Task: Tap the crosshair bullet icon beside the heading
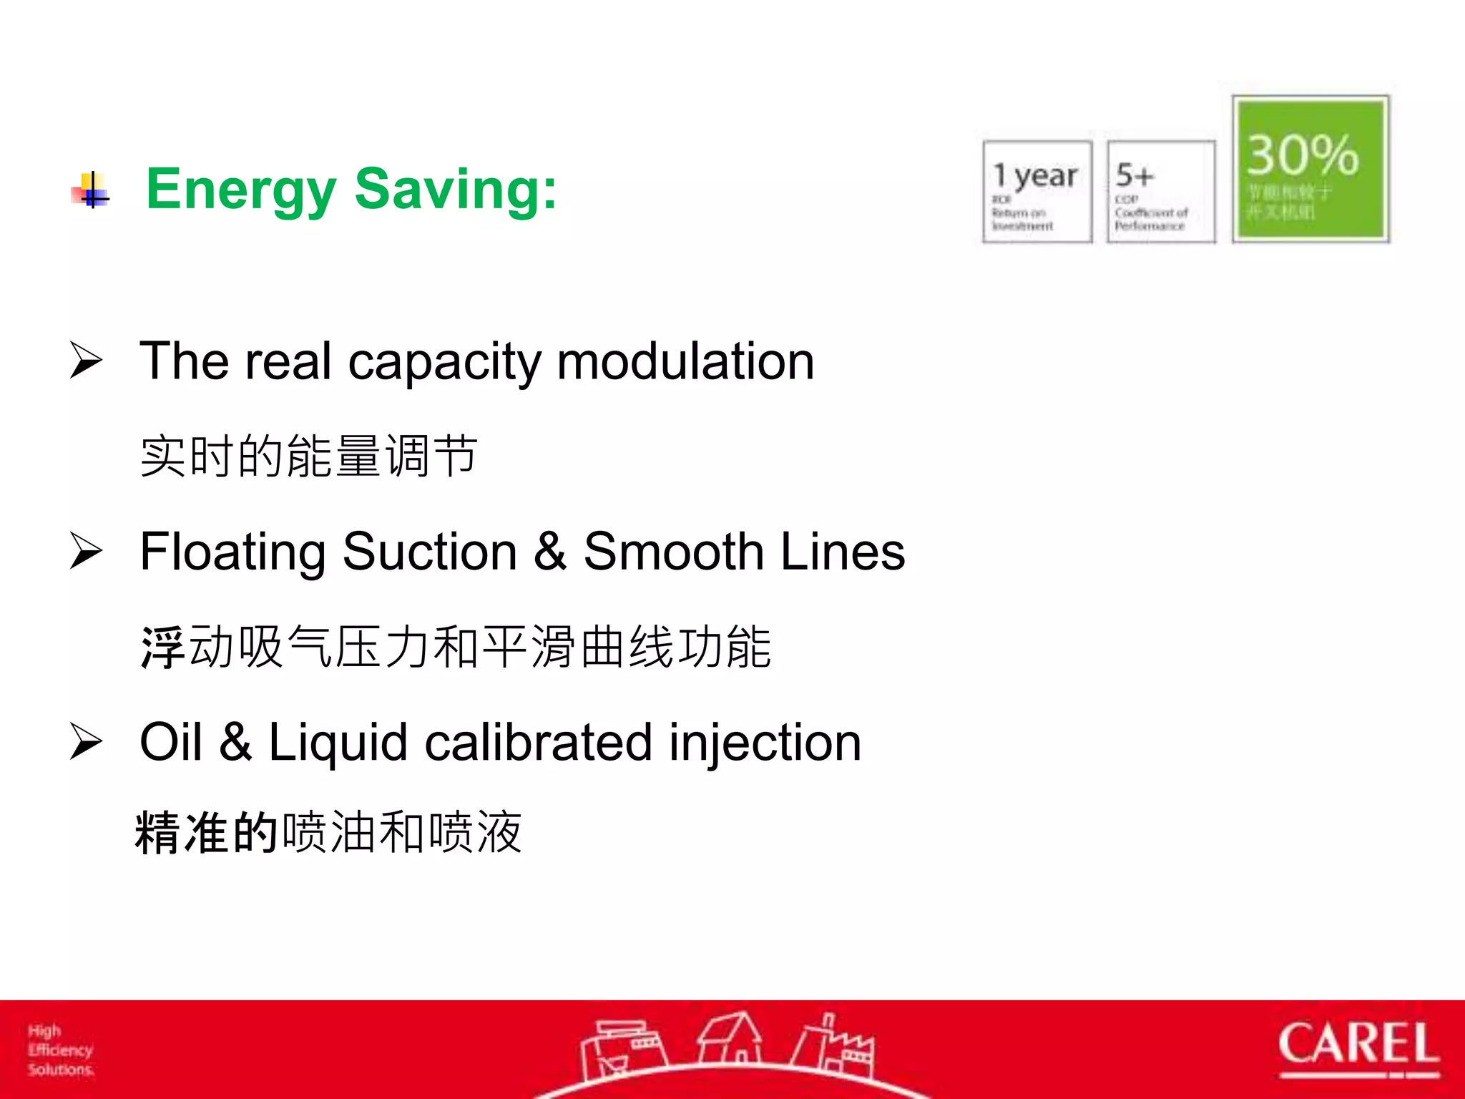91,190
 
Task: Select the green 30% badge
1310,169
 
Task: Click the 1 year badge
1037,192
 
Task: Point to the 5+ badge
1160,192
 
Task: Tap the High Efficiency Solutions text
60,1050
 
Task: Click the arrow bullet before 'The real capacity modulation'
87,361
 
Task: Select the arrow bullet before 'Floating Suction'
87,552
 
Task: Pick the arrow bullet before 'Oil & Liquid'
87,742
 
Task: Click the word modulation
685,361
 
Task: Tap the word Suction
429,552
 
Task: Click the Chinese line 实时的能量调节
308,456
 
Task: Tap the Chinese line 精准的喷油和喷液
328,832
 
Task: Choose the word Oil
171,742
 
